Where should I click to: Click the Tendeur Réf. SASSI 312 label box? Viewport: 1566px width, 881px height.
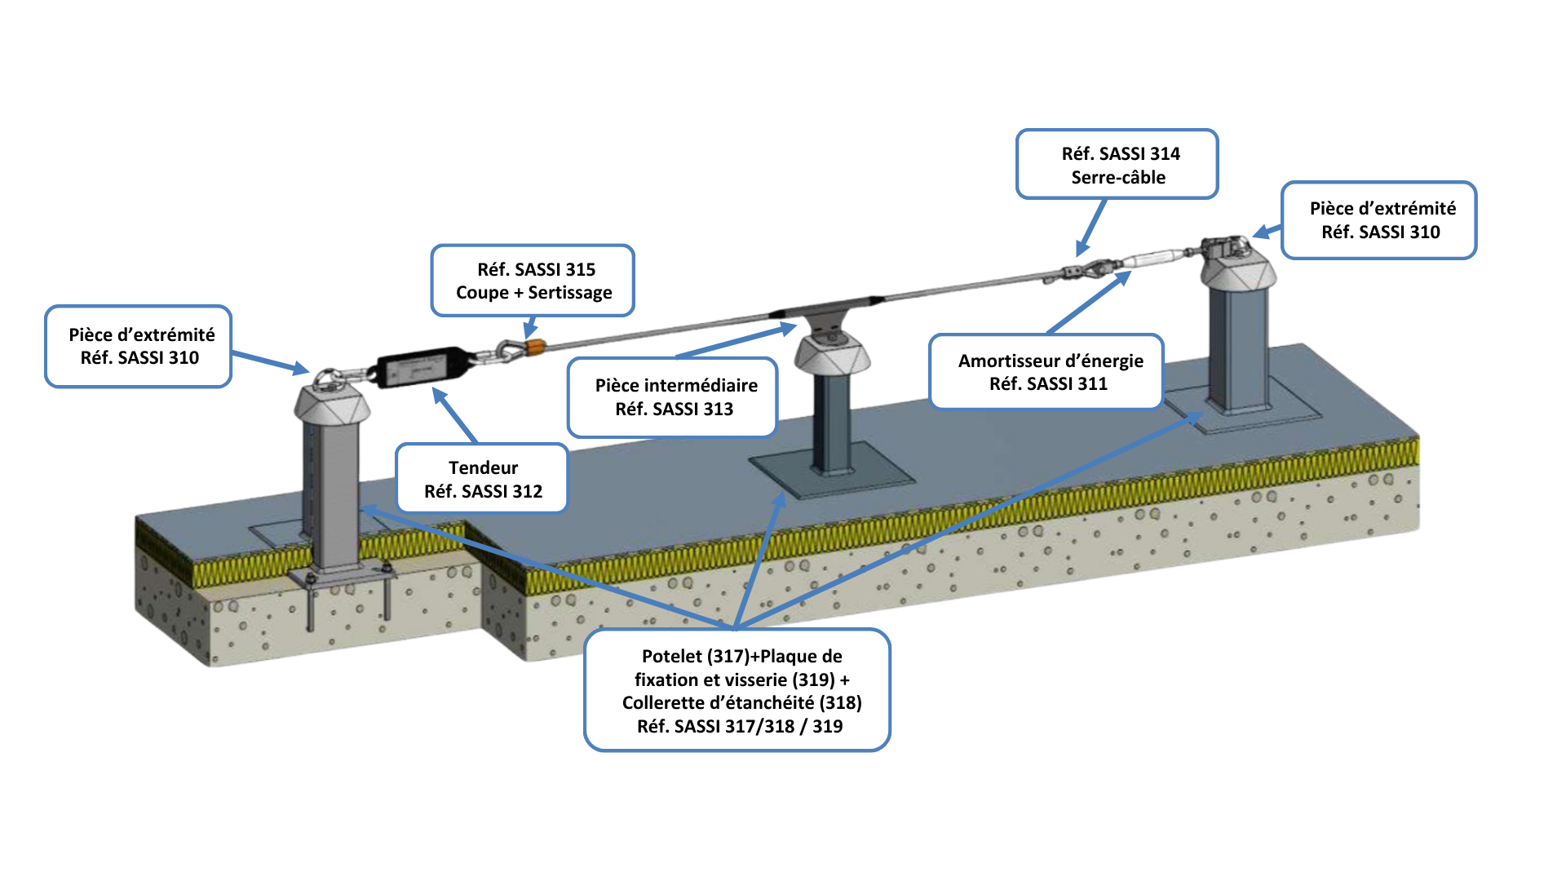pyautogui.click(x=481, y=478)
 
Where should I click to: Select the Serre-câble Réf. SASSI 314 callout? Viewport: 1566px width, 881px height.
pyautogui.click(x=1117, y=164)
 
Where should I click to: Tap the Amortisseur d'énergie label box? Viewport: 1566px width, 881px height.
pyautogui.click(x=1046, y=371)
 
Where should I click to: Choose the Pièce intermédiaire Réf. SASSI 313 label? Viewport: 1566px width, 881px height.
pyautogui.click(x=673, y=397)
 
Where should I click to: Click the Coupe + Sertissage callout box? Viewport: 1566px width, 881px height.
pyautogui.click(x=533, y=281)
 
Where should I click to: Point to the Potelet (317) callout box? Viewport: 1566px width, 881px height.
pyautogui.click(x=737, y=690)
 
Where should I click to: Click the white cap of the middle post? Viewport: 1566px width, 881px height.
pyautogui.click(x=833, y=353)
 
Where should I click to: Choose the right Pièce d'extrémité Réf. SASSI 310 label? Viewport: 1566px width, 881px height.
pyautogui.click(x=1379, y=220)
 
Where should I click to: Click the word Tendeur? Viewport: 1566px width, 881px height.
pyautogui.click(x=483, y=467)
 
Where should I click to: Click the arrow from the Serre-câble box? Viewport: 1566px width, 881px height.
pyautogui.click(x=1091, y=228)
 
